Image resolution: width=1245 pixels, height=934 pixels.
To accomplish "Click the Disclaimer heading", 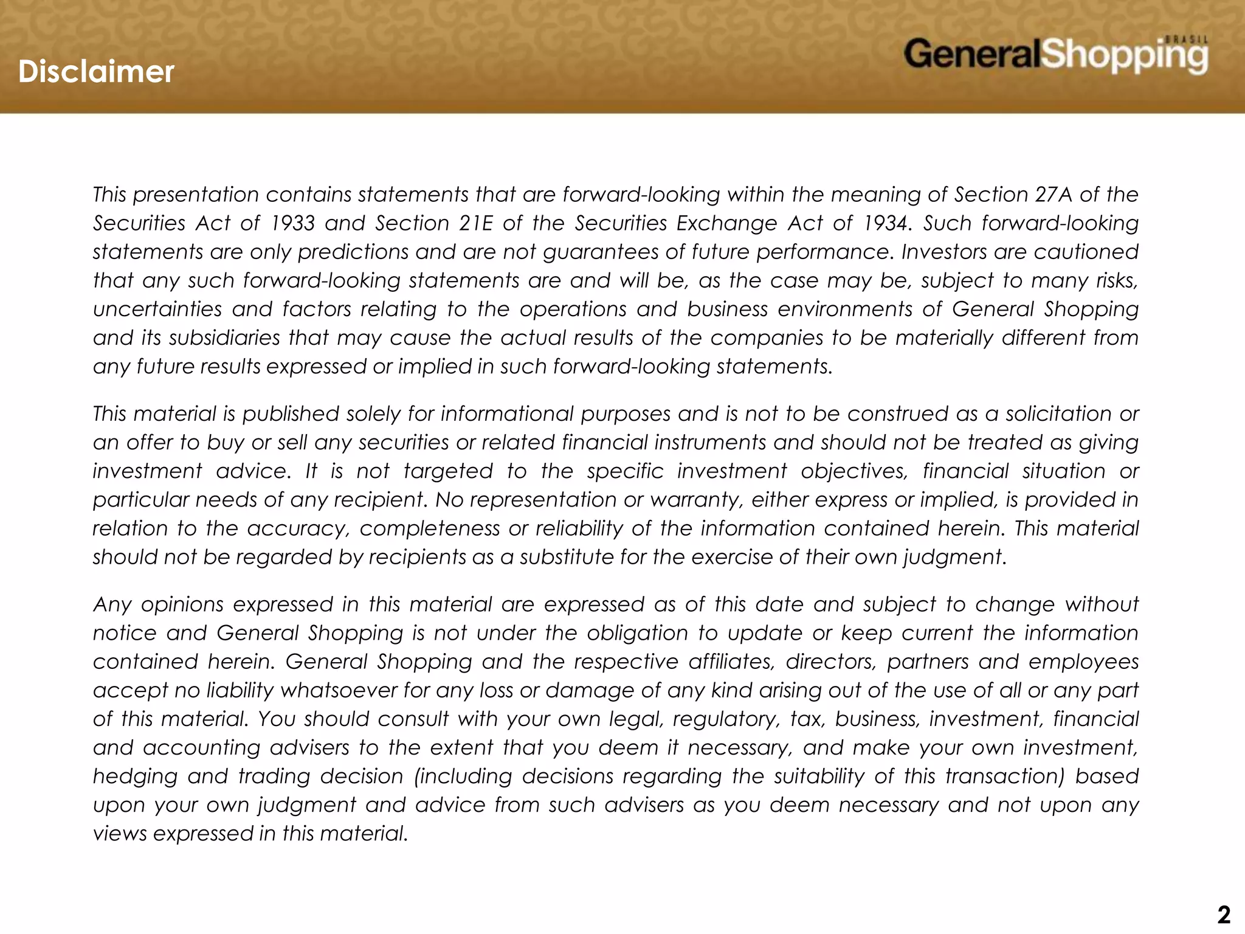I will click(x=96, y=72).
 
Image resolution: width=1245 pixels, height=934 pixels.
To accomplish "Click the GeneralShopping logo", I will click(x=1055, y=55).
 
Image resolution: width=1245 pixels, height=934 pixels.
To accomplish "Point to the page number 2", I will click(x=1223, y=915).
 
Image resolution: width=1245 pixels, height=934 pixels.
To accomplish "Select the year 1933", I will click(x=292, y=223).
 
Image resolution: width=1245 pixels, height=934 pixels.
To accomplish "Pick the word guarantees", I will click(x=594, y=252).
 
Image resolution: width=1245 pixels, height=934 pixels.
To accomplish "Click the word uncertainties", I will click(x=157, y=309).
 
